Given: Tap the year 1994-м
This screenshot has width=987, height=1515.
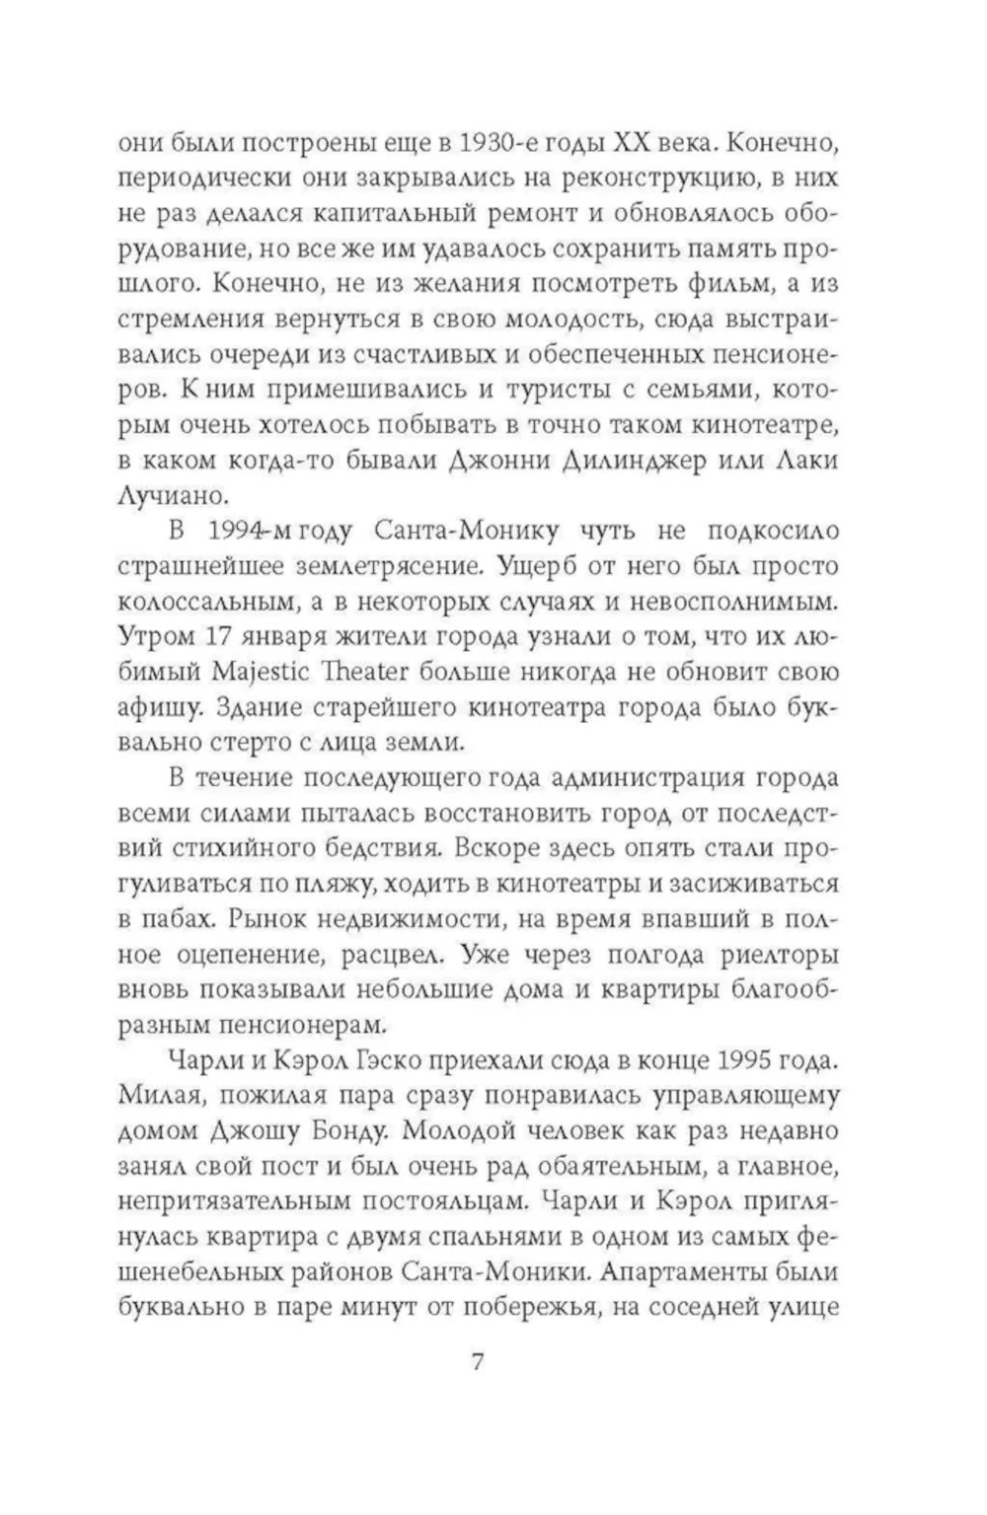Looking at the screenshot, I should point(239,531).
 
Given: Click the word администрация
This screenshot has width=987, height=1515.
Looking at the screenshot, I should point(629,776).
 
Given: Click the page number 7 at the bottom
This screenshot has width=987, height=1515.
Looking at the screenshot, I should point(479,1364).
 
